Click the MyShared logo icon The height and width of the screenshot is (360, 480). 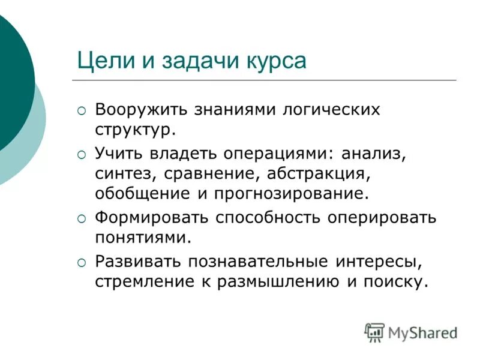374,331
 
